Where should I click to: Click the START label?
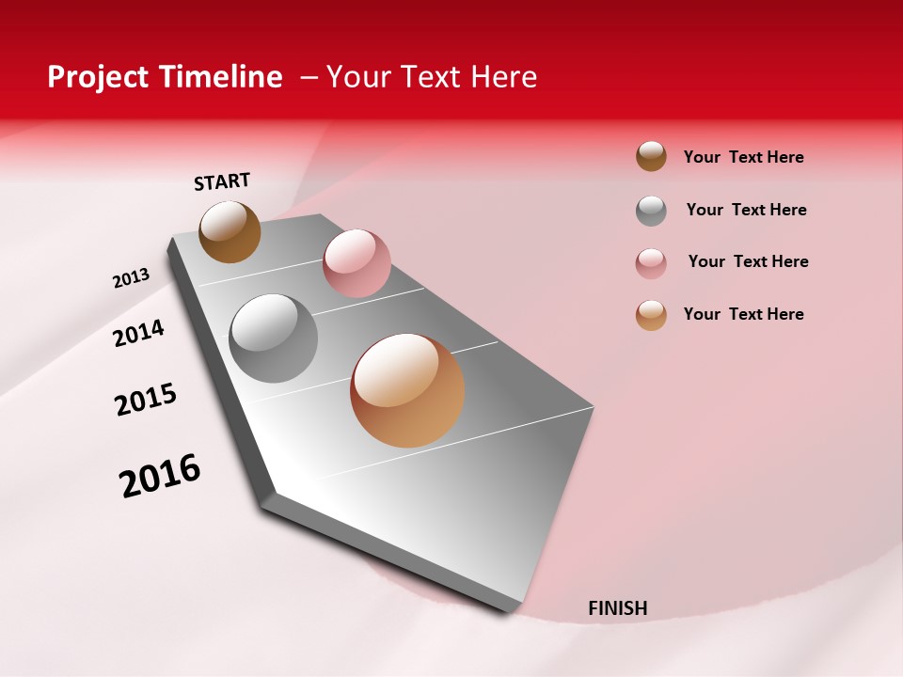pyautogui.click(x=222, y=181)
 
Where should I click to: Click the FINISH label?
pyautogui.click(x=617, y=608)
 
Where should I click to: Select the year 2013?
pyautogui.click(x=131, y=278)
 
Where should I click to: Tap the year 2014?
pyautogui.click(x=139, y=333)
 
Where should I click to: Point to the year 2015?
pyautogui.click(x=146, y=400)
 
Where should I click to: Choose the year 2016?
pyautogui.click(x=160, y=476)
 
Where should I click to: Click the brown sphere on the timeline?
pyautogui.click(x=230, y=231)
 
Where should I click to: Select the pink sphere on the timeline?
pyautogui.click(x=356, y=262)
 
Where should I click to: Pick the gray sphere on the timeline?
pyautogui.click(x=274, y=338)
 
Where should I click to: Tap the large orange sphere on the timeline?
pyautogui.click(x=407, y=390)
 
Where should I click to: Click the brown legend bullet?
pyautogui.click(x=651, y=157)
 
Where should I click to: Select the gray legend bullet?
pyautogui.click(x=651, y=211)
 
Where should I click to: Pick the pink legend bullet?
pyautogui.click(x=651, y=263)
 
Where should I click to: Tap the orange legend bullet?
pyautogui.click(x=651, y=315)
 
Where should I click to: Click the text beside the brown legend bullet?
pyautogui.click(x=743, y=157)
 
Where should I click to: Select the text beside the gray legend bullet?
pyautogui.click(x=746, y=210)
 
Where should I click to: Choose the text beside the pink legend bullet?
pyautogui.click(x=748, y=261)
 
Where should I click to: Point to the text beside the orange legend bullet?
pyautogui.click(x=743, y=314)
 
